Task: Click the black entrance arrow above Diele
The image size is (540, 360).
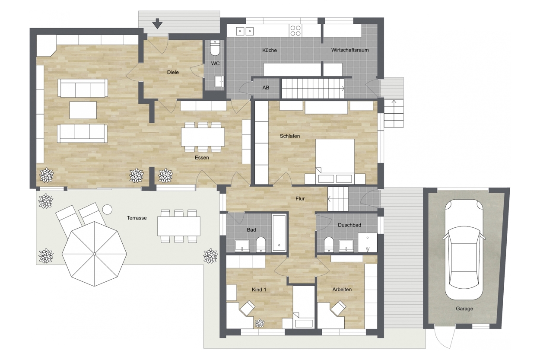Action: click(x=157, y=24)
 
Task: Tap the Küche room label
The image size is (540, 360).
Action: click(x=270, y=51)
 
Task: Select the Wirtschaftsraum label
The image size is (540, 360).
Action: click(x=350, y=50)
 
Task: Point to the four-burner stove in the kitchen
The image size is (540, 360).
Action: click(x=295, y=31)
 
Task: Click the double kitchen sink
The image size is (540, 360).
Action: click(x=245, y=31)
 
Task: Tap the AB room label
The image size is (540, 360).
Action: click(x=266, y=88)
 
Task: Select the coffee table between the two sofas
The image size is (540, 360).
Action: click(x=83, y=110)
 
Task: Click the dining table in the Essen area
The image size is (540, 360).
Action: click(x=203, y=137)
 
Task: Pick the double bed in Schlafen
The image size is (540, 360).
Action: click(x=335, y=159)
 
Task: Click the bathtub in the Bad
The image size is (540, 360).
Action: click(x=280, y=233)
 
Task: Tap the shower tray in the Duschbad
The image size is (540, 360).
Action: click(x=367, y=242)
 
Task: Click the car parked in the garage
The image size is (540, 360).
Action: click(x=464, y=249)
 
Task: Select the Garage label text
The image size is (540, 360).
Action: click(x=464, y=309)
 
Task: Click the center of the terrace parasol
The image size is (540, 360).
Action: click(x=94, y=254)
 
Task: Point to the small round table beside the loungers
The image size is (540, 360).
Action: click(x=107, y=209)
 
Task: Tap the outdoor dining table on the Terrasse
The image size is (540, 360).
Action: click(x=179, y=226)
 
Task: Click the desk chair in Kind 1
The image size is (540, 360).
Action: click(x=248, y=308)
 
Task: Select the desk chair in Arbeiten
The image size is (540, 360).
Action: click(x=338, y=308)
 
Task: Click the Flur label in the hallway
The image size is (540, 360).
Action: click(x=300, y=199)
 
